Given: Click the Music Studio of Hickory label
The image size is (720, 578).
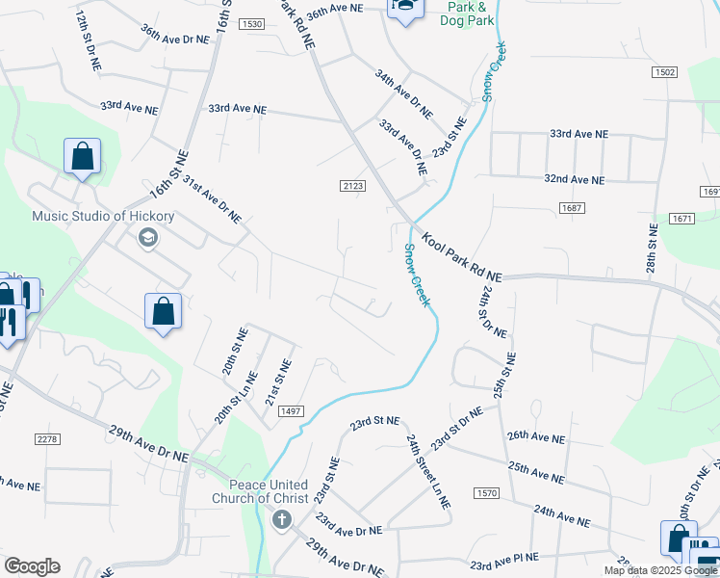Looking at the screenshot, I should click(103, 216).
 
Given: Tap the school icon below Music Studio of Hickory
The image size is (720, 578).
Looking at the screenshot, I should click(147, 237).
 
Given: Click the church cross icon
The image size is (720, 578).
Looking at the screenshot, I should click(282, 521).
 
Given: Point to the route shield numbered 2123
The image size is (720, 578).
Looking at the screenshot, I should click(352, 185).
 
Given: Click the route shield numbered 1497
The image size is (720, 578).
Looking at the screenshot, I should click(291, 411).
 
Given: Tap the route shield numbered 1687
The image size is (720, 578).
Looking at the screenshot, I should click(571, 208).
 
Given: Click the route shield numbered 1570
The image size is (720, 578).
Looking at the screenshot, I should click(487, 493).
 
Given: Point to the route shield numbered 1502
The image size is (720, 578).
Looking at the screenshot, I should click(664, 73).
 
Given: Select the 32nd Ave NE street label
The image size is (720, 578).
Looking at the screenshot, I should click(575, 180).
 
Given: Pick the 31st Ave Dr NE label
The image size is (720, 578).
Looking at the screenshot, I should click(212, 199).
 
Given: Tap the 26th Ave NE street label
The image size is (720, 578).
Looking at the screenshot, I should click(536, 436).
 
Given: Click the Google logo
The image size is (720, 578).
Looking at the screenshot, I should click(32, 566).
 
